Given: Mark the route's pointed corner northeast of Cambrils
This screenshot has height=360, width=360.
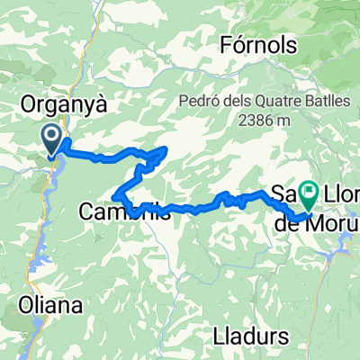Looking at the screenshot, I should coord(167,149).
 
